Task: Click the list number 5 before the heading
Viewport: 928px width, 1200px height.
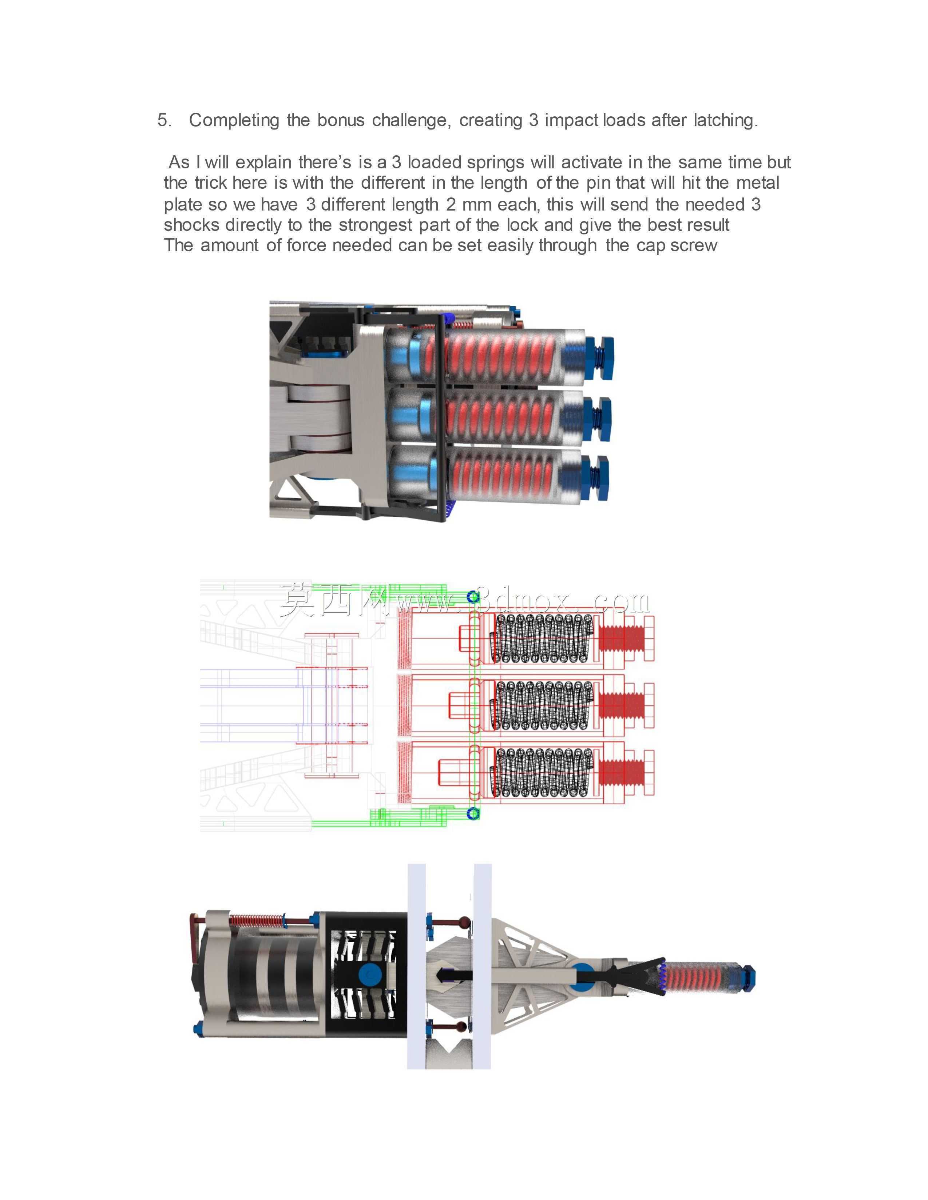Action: [164, 120]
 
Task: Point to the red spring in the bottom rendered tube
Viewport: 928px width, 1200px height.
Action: [503, 476]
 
